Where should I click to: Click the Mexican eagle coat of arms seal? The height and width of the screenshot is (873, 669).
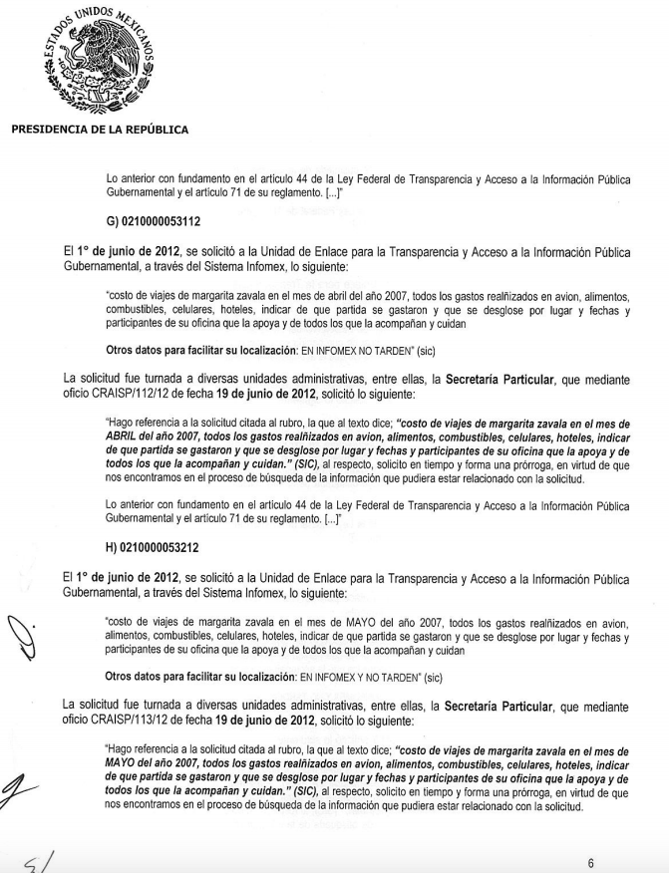(x=98, y=59)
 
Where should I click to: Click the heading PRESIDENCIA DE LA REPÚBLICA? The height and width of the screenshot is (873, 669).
(x=99, y=129)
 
